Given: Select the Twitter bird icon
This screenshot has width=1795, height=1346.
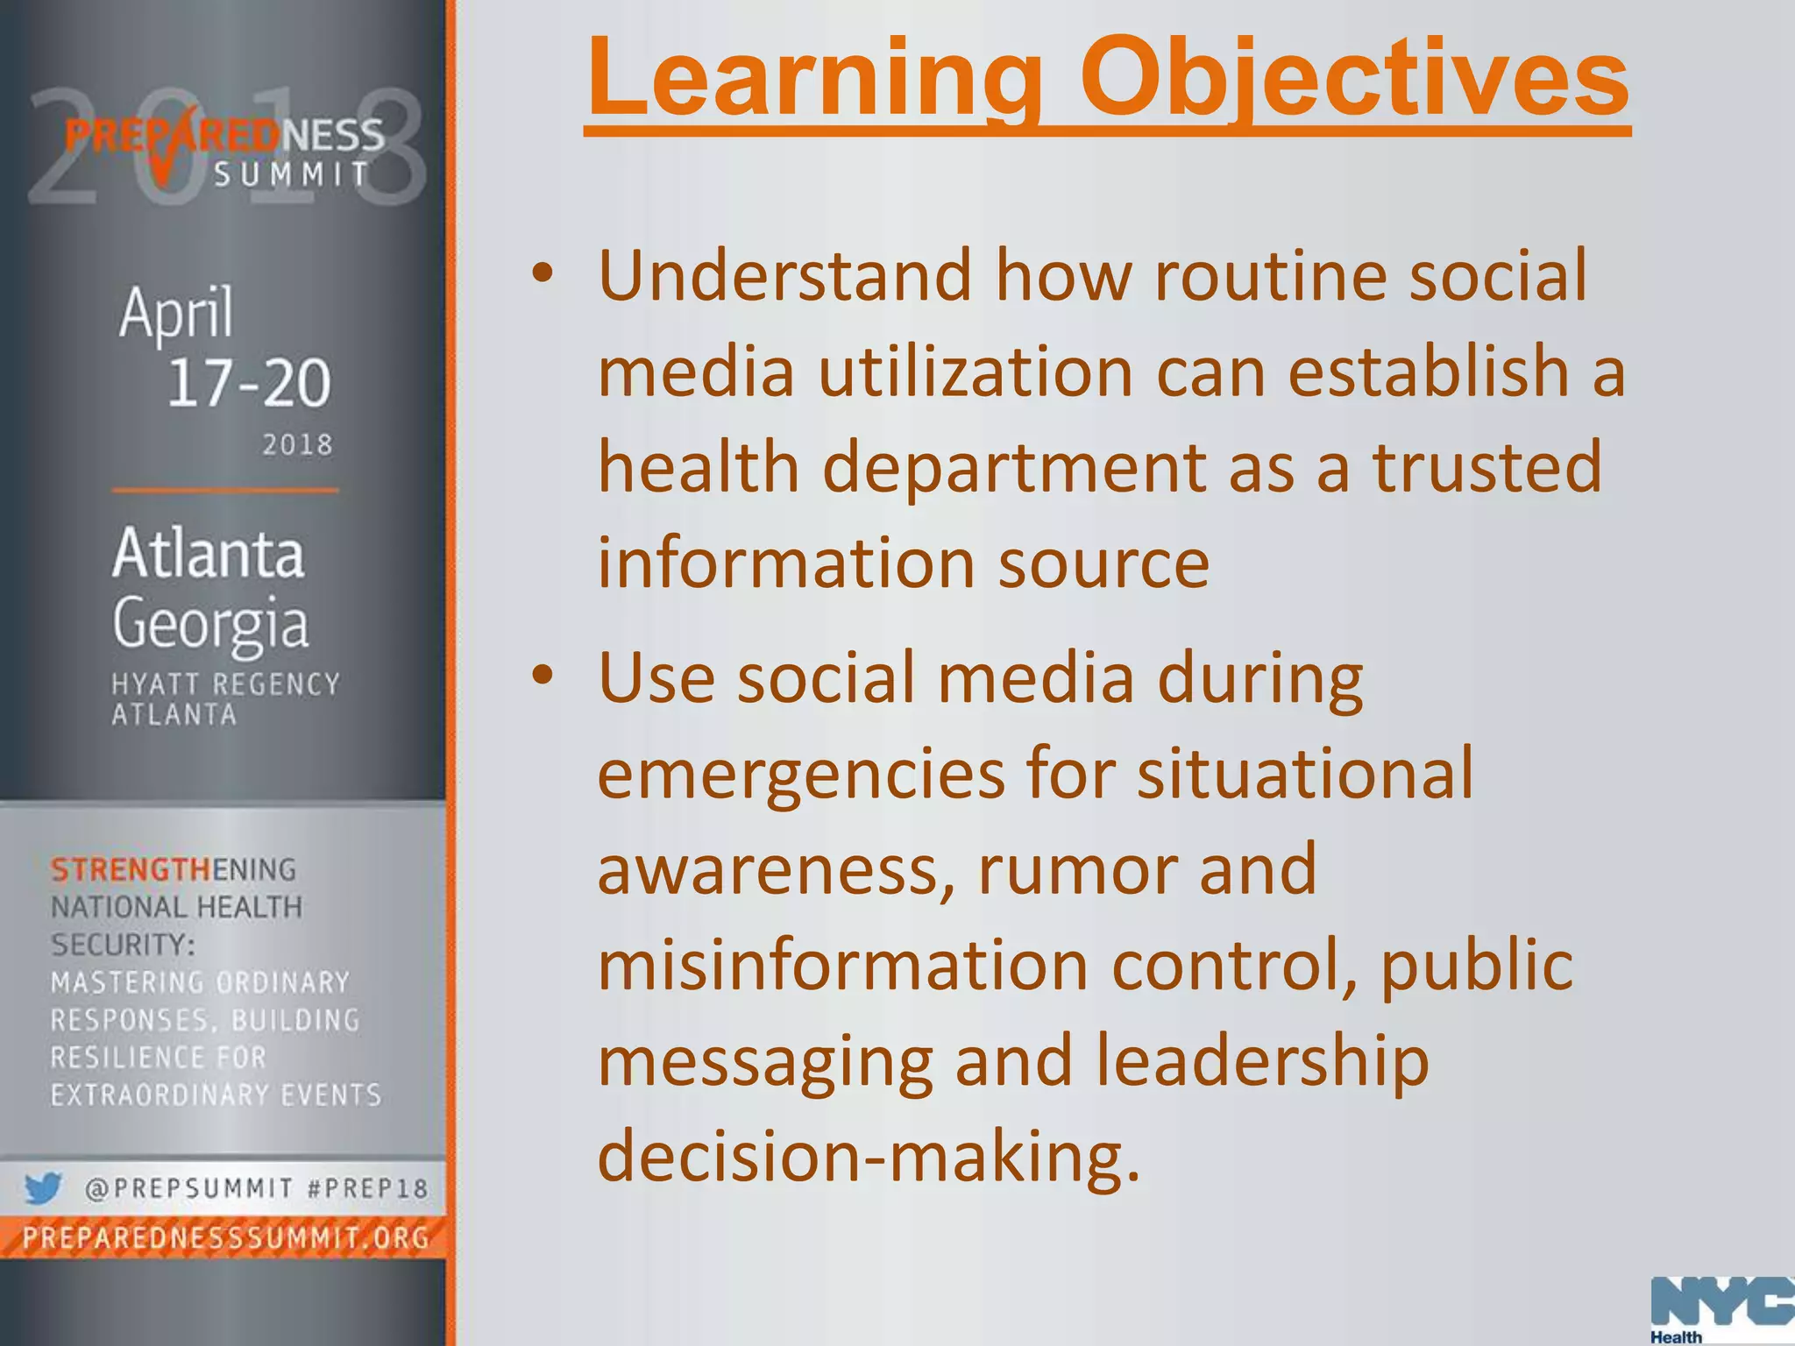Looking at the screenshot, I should pos(42,1188).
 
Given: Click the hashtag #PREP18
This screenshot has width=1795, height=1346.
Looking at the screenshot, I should pos(368,1189).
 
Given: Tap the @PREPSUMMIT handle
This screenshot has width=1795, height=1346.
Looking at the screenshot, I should pos(188,1189).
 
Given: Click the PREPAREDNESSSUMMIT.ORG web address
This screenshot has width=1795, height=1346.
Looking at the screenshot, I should pos(226,1238).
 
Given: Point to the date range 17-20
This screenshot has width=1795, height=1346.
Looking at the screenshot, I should pos(249,383).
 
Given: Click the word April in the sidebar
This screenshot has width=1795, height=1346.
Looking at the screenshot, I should pos(176,312).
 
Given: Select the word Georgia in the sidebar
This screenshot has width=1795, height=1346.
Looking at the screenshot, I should pos(210,624).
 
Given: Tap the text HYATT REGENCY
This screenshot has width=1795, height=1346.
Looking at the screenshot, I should pos(225,684).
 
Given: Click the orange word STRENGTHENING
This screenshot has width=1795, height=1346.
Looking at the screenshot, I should pos(174,870).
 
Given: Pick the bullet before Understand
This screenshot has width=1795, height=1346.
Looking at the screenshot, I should pos(543,273).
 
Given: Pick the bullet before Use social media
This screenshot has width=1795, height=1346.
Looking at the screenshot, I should pos(543,676).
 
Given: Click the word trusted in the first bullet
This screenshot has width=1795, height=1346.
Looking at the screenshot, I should pos(1487,466).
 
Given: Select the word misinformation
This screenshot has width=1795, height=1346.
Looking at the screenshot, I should pos(842,965).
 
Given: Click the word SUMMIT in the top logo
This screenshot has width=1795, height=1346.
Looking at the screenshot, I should pos(293,174).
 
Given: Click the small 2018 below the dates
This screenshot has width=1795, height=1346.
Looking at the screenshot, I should pos(298,445).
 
